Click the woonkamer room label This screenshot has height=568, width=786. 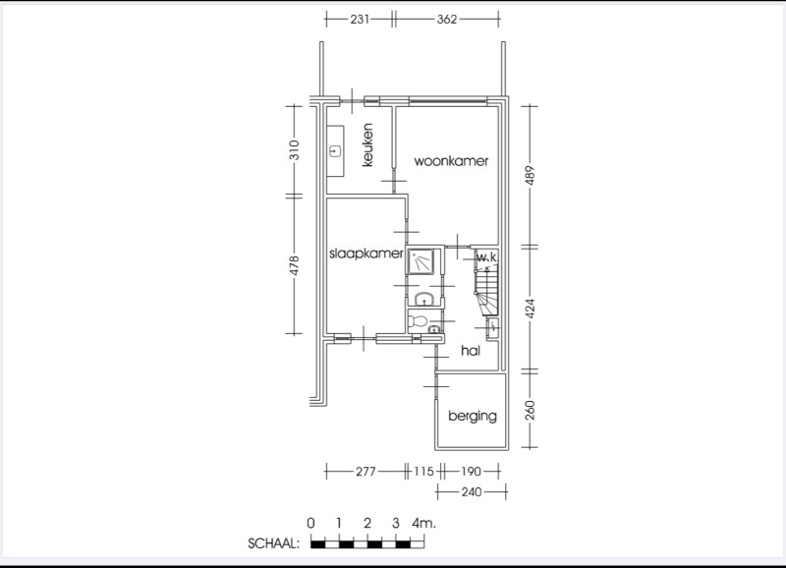451,161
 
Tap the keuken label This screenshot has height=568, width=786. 367,144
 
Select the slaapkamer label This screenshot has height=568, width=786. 365,254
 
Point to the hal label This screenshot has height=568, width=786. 471,351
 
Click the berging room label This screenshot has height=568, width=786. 473,416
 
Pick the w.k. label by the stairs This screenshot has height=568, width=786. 486,257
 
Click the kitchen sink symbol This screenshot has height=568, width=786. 335,150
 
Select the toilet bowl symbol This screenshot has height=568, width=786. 418,320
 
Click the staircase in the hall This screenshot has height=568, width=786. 486,292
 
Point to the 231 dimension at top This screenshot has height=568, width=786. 360,19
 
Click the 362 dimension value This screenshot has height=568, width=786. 447,19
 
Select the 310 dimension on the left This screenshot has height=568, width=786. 294,150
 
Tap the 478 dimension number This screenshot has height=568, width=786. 294,265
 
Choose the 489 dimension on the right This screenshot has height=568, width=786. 531,176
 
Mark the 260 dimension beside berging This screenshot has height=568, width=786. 531,410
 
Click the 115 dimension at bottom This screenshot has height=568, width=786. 423,472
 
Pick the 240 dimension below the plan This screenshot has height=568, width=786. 472,491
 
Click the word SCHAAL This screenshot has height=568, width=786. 274,543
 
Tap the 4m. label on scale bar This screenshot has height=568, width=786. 424,524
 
